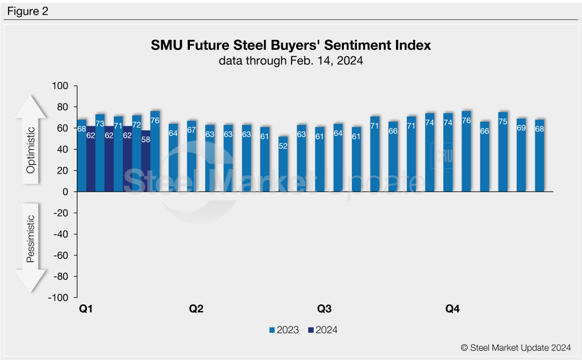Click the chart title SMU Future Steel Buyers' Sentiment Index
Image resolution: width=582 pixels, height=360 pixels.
click(290, 45)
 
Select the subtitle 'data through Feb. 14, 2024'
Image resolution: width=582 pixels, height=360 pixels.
click(290, 61)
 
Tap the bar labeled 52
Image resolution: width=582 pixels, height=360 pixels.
click(283, 165)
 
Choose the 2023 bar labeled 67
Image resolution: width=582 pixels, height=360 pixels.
click(192, 156)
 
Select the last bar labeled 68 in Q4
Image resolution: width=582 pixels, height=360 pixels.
click(539, 156)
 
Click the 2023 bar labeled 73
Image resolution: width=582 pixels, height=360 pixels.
click(99, 154)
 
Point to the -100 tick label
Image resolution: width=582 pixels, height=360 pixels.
click(58, 297)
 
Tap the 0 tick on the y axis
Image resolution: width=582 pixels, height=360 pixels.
click(65, 192)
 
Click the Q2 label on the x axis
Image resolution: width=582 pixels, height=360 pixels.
click(196, 309)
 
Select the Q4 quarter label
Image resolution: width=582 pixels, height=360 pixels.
click(452, 309)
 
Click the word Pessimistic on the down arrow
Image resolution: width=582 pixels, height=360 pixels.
click(31, 239)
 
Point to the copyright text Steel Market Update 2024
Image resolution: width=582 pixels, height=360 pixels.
click(516, 346)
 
